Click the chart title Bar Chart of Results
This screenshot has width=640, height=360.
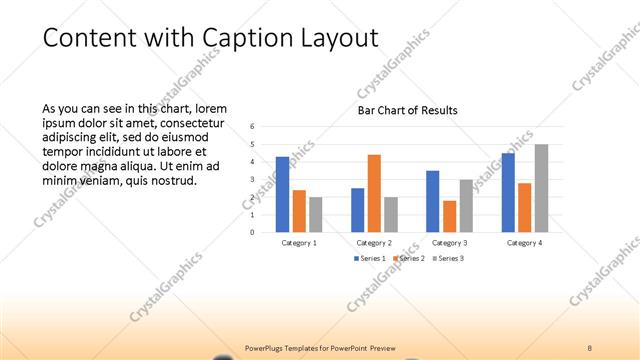click(x=407, y=110)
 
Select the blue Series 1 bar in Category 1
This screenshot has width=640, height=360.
click(x=282, y=194)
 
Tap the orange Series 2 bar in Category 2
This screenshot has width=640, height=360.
click(x=374, y=193)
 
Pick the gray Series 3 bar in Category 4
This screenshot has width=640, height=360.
click(x=541, y=188)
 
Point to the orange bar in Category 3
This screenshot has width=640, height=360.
click(x=450, y=216)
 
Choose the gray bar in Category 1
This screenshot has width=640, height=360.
click(x=316, y=214)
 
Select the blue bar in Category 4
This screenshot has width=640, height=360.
click(x=508, y=192)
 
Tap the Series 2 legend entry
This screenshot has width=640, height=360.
click(x=410, y=259)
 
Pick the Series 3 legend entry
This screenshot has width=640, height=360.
click(x=449, y=259)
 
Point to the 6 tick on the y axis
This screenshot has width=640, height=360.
click(x=253, y=127)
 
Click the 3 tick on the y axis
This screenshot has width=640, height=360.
click(x=253, y=180)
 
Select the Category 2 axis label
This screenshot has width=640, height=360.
click(x=374, y=243)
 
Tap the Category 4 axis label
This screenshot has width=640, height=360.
click(x=524, y=243)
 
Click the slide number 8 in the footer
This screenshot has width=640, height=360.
click(x=590, y=347)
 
